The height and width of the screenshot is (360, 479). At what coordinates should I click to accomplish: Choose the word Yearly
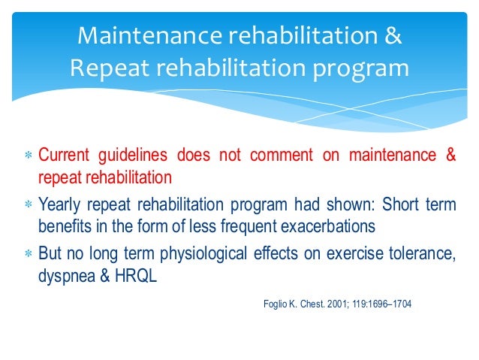pyautogui.click(x=59, y=204)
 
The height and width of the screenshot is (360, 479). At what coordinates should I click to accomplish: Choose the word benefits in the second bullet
pyautogui.click(x=62, y=225)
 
